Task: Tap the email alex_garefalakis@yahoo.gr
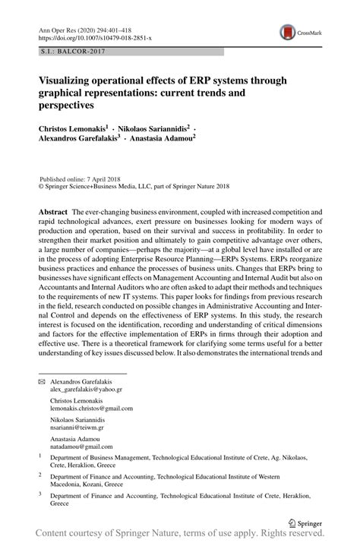tap(86, 388)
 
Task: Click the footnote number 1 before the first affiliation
tap(40, 456)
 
